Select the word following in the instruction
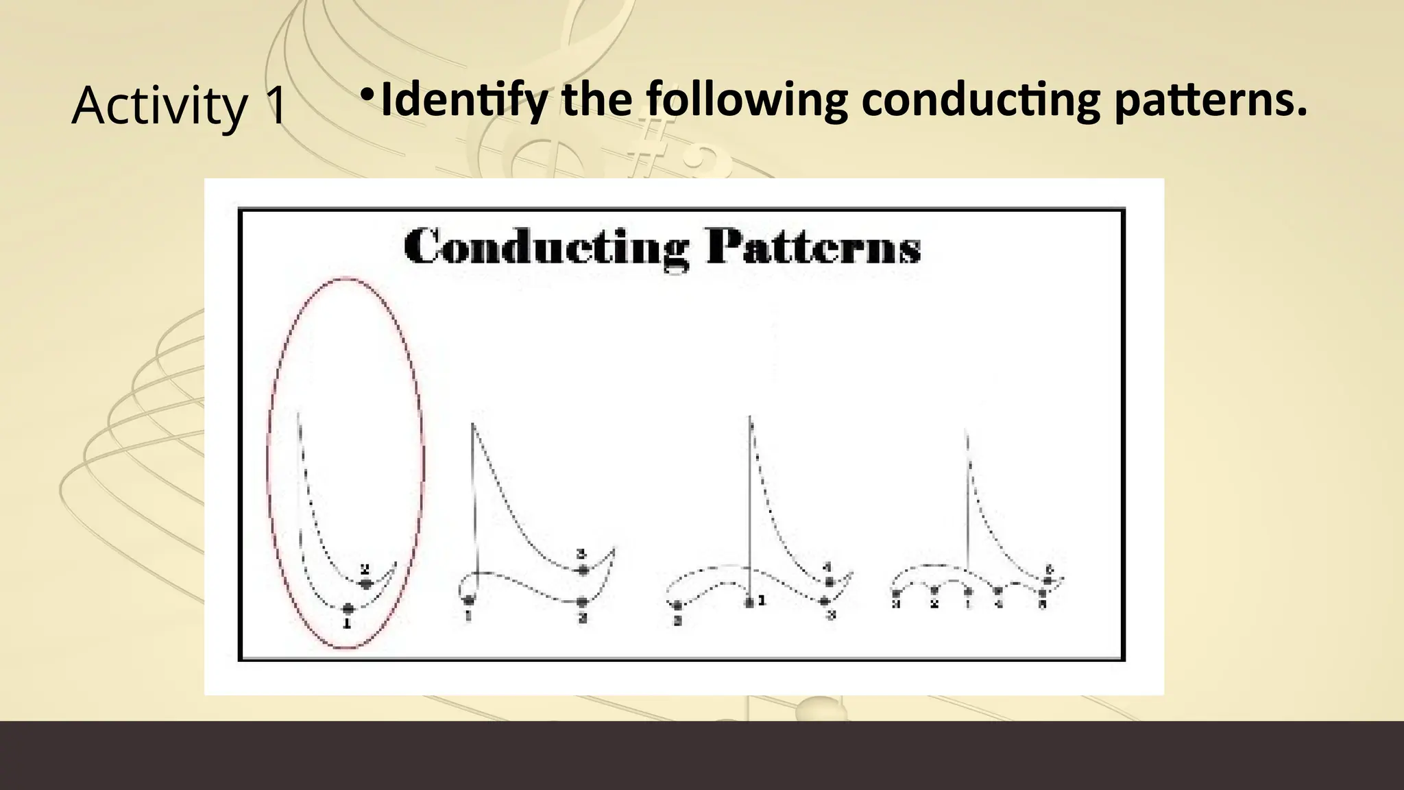(x=747, y=99)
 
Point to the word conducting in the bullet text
(x=980, y=99)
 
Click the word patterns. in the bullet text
(x=1211, y=99)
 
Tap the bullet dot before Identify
(x=368, y=93)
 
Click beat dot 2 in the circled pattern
(x=366, y=584)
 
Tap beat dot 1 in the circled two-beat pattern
(x=348, y=608)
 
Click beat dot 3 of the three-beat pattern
(x=583, y=570)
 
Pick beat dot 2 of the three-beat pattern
(x=582, y=602)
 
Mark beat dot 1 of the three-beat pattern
(x=469, y=601)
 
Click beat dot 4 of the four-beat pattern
(x=829, y=582)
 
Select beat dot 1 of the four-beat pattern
(x=749, y=602)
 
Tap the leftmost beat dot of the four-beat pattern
(x=677, y=605)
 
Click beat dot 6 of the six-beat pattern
(x=1047, y=581)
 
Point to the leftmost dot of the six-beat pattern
(x=896, y=592)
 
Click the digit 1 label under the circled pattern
(x=347, y=624)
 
